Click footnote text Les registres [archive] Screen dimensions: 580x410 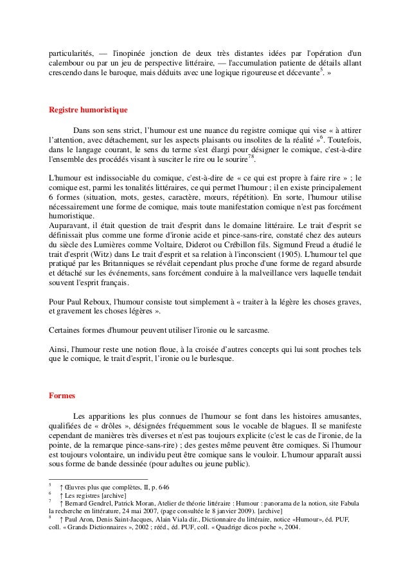pyautogui.click(x=90, y=495)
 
